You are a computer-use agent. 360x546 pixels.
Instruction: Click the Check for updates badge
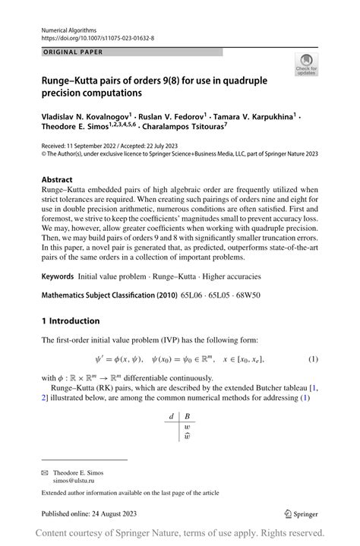tap(308, 64)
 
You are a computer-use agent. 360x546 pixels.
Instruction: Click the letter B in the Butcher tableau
tap(188, 416)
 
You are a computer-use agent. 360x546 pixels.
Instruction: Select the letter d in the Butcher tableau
tap(172, 416)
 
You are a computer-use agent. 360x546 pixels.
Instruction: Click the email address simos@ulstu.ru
tap(77, 481)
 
